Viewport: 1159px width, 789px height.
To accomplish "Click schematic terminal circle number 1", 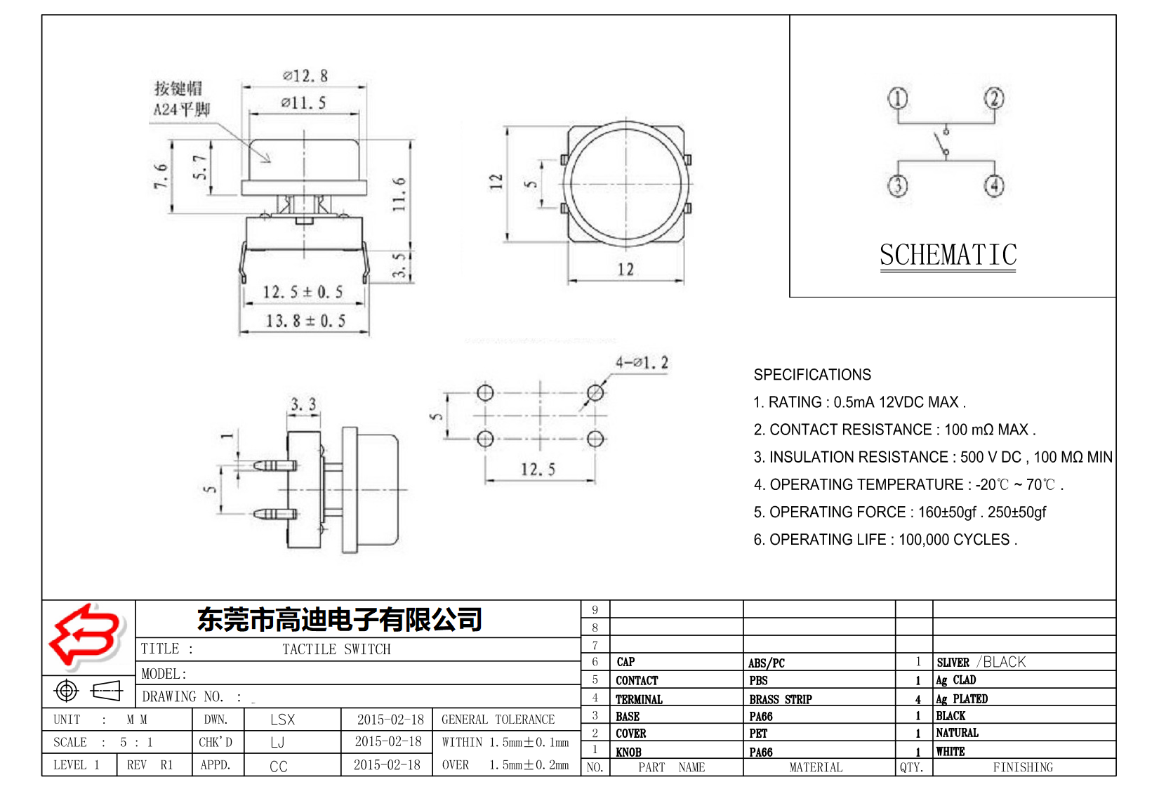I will pos(898,98).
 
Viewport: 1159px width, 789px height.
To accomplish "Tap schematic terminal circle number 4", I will pos(993,186).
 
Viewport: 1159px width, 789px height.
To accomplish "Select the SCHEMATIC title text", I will pos(948,255).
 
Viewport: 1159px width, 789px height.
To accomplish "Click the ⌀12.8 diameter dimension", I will pos(305,76).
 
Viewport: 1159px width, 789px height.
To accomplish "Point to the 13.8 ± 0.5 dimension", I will pos(305,321).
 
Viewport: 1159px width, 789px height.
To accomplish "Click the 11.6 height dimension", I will pos(399,194).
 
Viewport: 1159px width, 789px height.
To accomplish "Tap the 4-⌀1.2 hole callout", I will pos(642,363).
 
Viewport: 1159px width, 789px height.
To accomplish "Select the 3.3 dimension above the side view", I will pos(303,404).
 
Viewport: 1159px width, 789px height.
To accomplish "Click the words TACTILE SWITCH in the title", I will pos(336,649).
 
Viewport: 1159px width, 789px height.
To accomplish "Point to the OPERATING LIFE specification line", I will pos(885,540).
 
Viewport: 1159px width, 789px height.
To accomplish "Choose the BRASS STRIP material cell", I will pos(780,699).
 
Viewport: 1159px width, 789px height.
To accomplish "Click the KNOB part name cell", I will pos(628,752).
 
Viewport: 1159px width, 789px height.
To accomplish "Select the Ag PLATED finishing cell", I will pos(962,699).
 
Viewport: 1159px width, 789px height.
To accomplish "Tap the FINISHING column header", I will pos(1023,767).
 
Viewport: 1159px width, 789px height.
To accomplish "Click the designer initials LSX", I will pos(282,720).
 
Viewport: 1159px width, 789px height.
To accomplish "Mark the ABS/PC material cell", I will pos(766,663).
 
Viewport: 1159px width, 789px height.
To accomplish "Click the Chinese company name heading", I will pos(340,619).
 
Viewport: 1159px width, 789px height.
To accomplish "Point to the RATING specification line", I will pos(859,402).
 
